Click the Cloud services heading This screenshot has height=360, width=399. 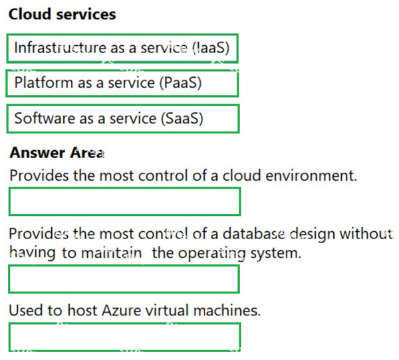click(x=63, y=14)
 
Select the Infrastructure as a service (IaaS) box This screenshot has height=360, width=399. click(x=122, y=48)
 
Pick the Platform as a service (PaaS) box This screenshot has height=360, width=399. click(x=122, y=84)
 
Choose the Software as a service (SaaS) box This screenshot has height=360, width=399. click(x=123, y=119)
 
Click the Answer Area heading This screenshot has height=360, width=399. click(x=57, y=153)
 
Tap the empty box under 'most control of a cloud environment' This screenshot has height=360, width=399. click(x=125, y=201)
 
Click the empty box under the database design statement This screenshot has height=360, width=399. click(x=124, y=279)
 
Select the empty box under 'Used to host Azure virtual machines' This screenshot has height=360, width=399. click(x=125, y=337)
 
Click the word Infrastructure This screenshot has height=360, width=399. click(x=61, y=48)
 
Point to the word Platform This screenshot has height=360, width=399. click(x=44, y=82)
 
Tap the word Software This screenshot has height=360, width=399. click(x=45, y=118)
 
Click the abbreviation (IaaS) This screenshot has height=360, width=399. click(x=211, y=48)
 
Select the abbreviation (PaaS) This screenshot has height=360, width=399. click(x=180, y=82)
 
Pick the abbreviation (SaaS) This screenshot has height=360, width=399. click(x=182, y=118)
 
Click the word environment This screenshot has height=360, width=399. click(x=311, y=175)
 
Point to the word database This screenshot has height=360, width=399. click(x=253, y=234)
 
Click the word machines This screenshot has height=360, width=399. click(x=227, y=310)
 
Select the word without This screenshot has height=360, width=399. click(x=366, y=234)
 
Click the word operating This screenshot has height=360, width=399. click(x=211, y=253)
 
